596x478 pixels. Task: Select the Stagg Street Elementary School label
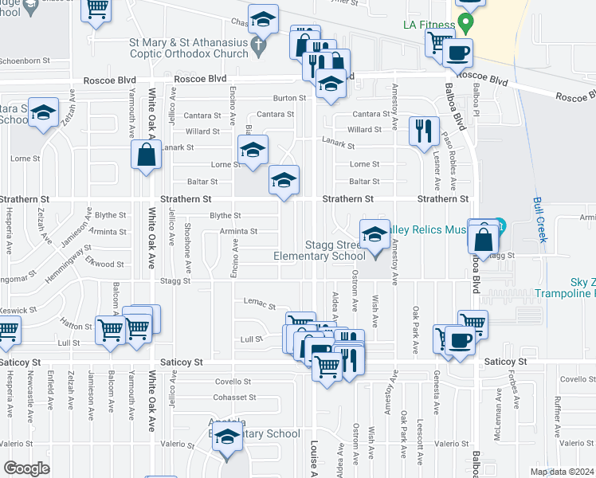coord(319,250)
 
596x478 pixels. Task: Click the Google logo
coord(26,468)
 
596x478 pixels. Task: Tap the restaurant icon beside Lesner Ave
coord(424,131)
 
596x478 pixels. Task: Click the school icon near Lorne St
coord(253,150)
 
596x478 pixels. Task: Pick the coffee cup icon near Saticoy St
coord(460,341)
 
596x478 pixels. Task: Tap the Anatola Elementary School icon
coord(228,437)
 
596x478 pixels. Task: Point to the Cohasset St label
coord(236,397)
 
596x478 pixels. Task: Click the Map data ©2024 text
coord(561,472)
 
